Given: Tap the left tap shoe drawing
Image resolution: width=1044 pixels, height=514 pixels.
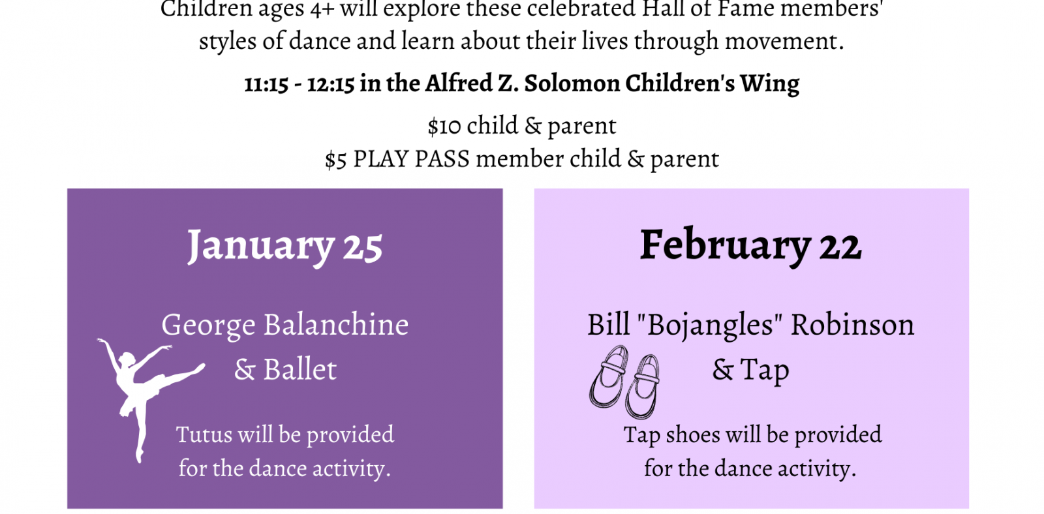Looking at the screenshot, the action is coord(609,378).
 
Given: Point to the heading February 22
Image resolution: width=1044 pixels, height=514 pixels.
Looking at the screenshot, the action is coord(751,245).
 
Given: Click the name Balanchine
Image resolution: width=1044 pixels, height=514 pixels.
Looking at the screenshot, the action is coord(336,324).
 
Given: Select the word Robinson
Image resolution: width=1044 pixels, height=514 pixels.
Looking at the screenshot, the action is coord(852,324).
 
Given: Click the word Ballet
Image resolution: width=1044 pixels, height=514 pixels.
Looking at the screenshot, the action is coord(299,370).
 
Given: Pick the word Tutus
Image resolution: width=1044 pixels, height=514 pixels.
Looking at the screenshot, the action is coord(204,434).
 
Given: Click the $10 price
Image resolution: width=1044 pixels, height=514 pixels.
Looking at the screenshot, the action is coord(444,126).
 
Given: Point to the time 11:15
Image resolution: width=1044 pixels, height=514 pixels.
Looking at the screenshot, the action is coord(266,84).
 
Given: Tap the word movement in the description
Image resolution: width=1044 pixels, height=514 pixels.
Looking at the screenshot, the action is coord(784,42).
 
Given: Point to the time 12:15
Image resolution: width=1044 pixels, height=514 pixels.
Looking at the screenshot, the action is coord(331,84).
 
